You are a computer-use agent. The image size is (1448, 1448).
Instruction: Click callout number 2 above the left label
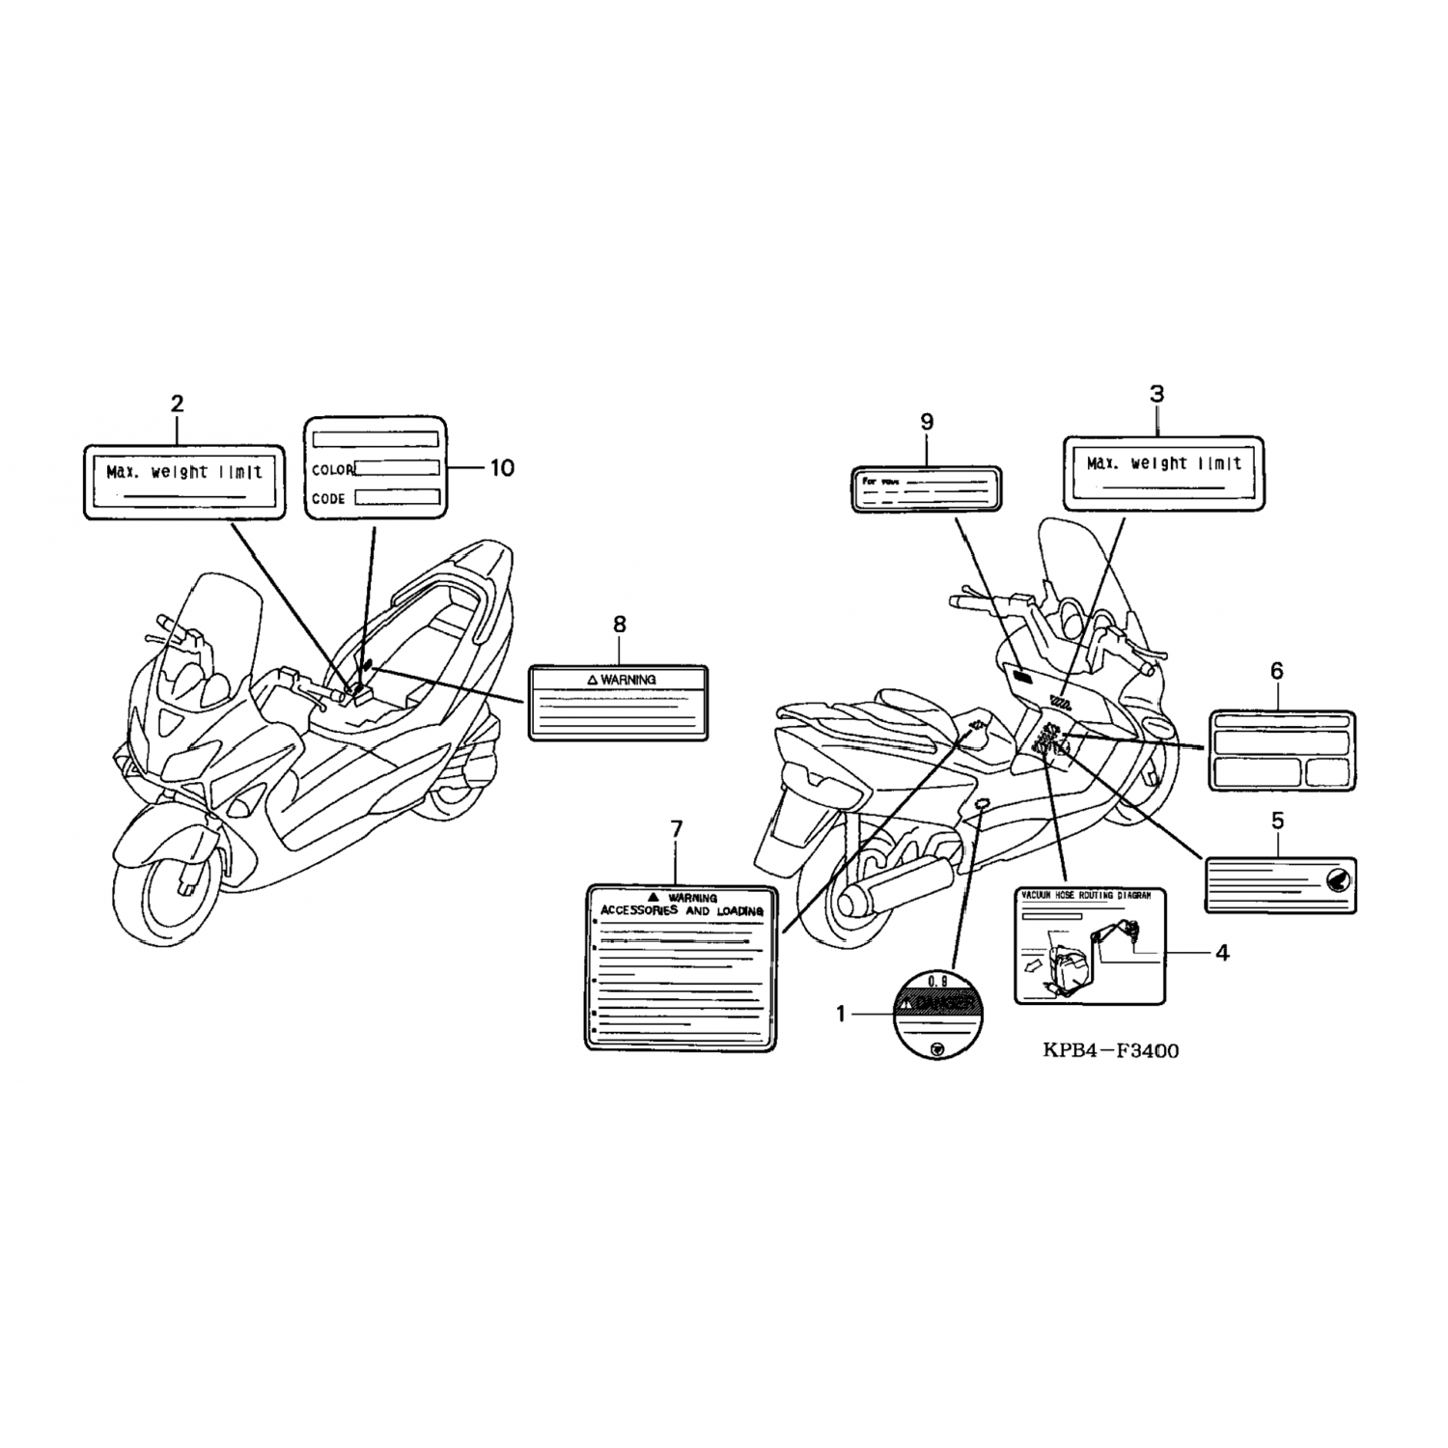(x=177, y=404)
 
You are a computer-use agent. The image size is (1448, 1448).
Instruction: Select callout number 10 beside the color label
(x=502, y=468)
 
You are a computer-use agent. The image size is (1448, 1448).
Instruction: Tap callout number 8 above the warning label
(x=620, y=626)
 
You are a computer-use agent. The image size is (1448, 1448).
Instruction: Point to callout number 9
(x=927, y=422)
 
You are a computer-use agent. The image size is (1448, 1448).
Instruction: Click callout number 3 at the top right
(x=1156, y=394)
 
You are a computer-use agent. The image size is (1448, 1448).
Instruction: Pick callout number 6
(x=1277, y=671)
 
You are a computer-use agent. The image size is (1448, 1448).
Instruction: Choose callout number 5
(x=1278, y=821)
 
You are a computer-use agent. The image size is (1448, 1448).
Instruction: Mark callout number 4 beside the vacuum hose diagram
(x=1222, y=954)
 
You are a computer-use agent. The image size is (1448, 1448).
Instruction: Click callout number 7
(x=676, y=829)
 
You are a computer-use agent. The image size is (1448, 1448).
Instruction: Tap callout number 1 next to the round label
(x=841, y=1014)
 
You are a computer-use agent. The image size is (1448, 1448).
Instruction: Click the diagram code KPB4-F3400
(x=1110, y=1050)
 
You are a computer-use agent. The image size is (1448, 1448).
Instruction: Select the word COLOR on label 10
(x=332, y=470)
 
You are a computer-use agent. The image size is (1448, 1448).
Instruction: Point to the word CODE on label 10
(x=328, y=499)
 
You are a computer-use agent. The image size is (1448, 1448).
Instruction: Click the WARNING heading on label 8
(x=622, y=680)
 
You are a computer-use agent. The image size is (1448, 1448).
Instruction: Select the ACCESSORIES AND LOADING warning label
(x=681, y=966)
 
